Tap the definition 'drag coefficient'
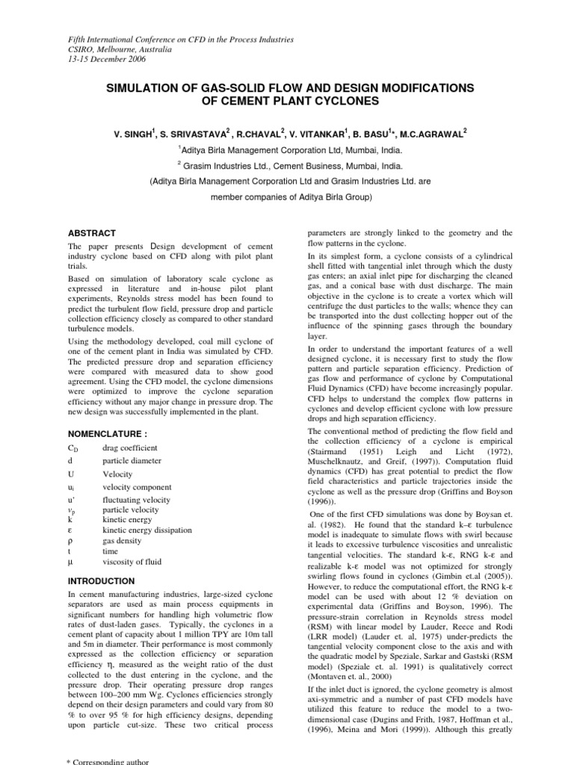coord(130,447)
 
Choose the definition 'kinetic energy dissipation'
coord(147,530)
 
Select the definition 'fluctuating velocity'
coord(135,500)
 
